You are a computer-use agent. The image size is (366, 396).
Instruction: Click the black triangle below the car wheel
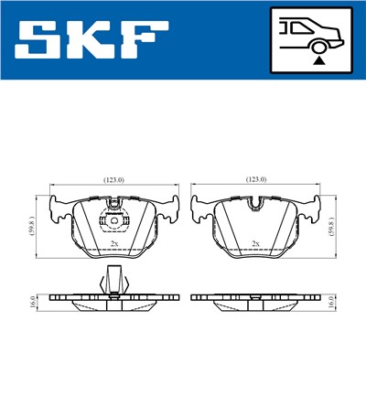click(318, 59)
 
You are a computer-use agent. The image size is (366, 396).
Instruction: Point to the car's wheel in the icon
click(318, 43)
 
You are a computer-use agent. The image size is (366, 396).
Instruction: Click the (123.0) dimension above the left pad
click(113, 181)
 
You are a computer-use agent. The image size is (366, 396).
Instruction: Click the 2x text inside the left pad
click(113, 243)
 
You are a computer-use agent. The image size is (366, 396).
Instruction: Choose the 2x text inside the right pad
click(256, 243)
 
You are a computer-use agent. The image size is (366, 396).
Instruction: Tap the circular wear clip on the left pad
click(113, 221)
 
